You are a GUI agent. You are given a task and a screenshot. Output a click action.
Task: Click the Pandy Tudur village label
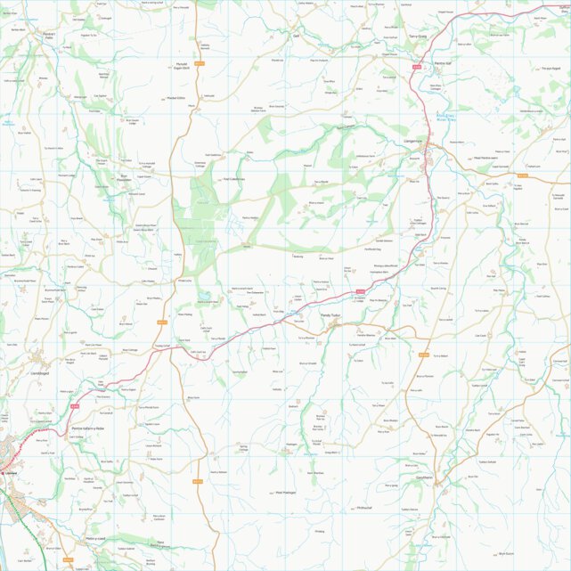[x=331, y=314]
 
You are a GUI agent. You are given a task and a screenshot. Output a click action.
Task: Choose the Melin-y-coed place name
[x=95, y=539]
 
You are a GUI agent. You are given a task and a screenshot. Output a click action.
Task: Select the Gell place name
[x=296, y=36]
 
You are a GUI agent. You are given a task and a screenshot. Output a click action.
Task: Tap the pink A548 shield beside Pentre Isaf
[x=416, y=66]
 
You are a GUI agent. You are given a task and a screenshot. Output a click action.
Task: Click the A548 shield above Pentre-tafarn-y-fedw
[x=75, y=407]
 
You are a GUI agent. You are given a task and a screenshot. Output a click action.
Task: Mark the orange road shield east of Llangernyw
[x=523, y=175]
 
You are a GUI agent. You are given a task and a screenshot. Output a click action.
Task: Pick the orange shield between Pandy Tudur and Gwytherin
[x=423, y=355]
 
